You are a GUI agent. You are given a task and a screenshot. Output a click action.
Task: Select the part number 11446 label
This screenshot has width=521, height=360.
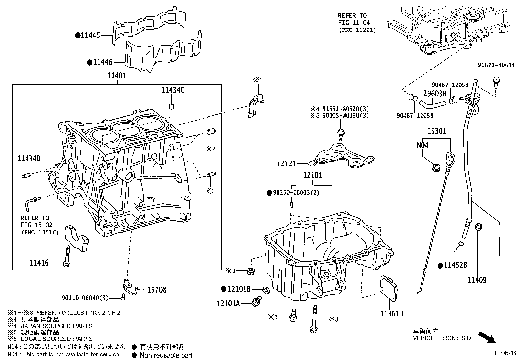(103, 62)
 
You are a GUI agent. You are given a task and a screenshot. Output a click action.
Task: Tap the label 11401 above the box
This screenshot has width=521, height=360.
(117, 76)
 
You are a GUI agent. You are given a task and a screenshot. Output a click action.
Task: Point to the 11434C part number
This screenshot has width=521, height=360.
(172, 90)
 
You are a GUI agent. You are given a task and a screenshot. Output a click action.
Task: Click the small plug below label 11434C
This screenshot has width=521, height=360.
(171, 106)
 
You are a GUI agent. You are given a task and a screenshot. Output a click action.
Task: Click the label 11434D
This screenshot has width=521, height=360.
(29, 159)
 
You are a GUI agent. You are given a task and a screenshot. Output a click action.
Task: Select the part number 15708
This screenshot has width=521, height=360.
(156, 290)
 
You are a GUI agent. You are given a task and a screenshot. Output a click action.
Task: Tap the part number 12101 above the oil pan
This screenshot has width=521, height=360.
(312, 175)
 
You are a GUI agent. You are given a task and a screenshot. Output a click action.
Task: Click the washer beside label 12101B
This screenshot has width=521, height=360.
(266, 290)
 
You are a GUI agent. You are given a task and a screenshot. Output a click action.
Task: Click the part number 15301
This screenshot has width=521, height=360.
(437, 131)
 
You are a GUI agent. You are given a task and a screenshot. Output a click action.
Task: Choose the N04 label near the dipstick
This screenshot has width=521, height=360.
(422, 145)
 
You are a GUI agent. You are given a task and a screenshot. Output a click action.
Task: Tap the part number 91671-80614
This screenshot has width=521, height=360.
(495, 65)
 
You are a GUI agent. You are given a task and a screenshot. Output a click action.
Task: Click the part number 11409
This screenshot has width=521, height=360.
(476, 280)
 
